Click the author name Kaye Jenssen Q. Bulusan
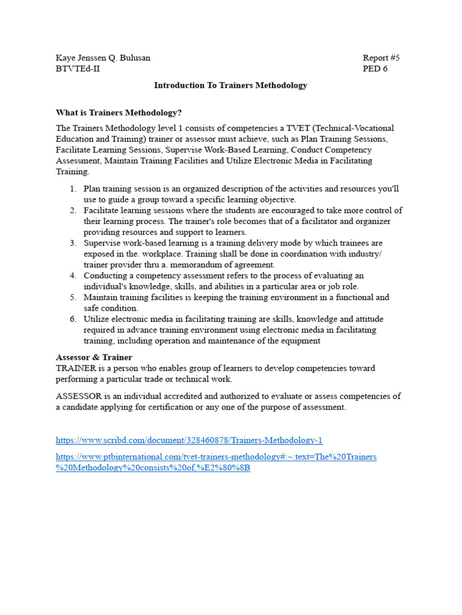[103, 58]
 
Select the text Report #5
[381, 58]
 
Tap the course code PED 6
[375, 69]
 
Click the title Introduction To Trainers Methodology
[230, 85]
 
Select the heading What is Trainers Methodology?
[119, 113]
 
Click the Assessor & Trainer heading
[94, 357]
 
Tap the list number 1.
[72, 189]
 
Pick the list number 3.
[72, 243]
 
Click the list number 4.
[72, 276]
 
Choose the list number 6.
[72, 319]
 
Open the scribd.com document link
[189, 440]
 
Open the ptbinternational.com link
[216, 457]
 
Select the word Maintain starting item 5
[100, 297]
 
